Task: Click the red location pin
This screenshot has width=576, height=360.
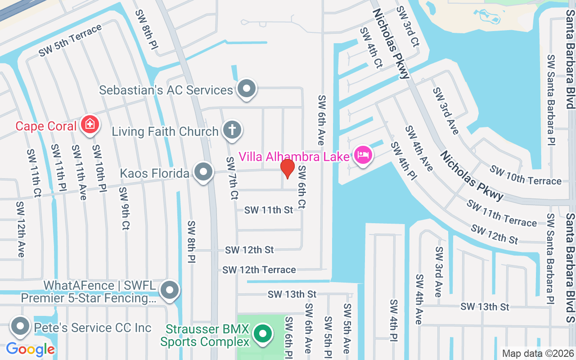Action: (x=288, y=169)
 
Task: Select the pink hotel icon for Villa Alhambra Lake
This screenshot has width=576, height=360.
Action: (x=363, y=156)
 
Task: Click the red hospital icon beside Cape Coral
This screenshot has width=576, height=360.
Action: (x=90, y=124)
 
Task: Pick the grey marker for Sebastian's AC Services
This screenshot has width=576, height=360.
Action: (x=246, y=89)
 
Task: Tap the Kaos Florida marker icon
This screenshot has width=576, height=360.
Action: (x=203, y=172)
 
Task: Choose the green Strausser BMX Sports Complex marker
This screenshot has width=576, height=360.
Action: (x=262, y=334)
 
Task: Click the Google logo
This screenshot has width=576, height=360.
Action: (x=30, y=349)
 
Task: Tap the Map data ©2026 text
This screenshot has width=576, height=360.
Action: (x=538, y=353)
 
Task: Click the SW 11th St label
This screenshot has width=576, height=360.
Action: (x=269, y=210)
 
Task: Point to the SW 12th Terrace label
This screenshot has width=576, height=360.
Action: (x=259, y=270)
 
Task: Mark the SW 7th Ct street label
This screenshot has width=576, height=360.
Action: (x=232, y=178)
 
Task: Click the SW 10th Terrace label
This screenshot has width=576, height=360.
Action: (x=525, y=175)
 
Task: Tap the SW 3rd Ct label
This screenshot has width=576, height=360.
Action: (x=408, y=27)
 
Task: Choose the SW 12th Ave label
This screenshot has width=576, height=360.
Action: (x=20, y=229)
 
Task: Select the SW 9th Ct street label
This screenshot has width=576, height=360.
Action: (x=124, y=208)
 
